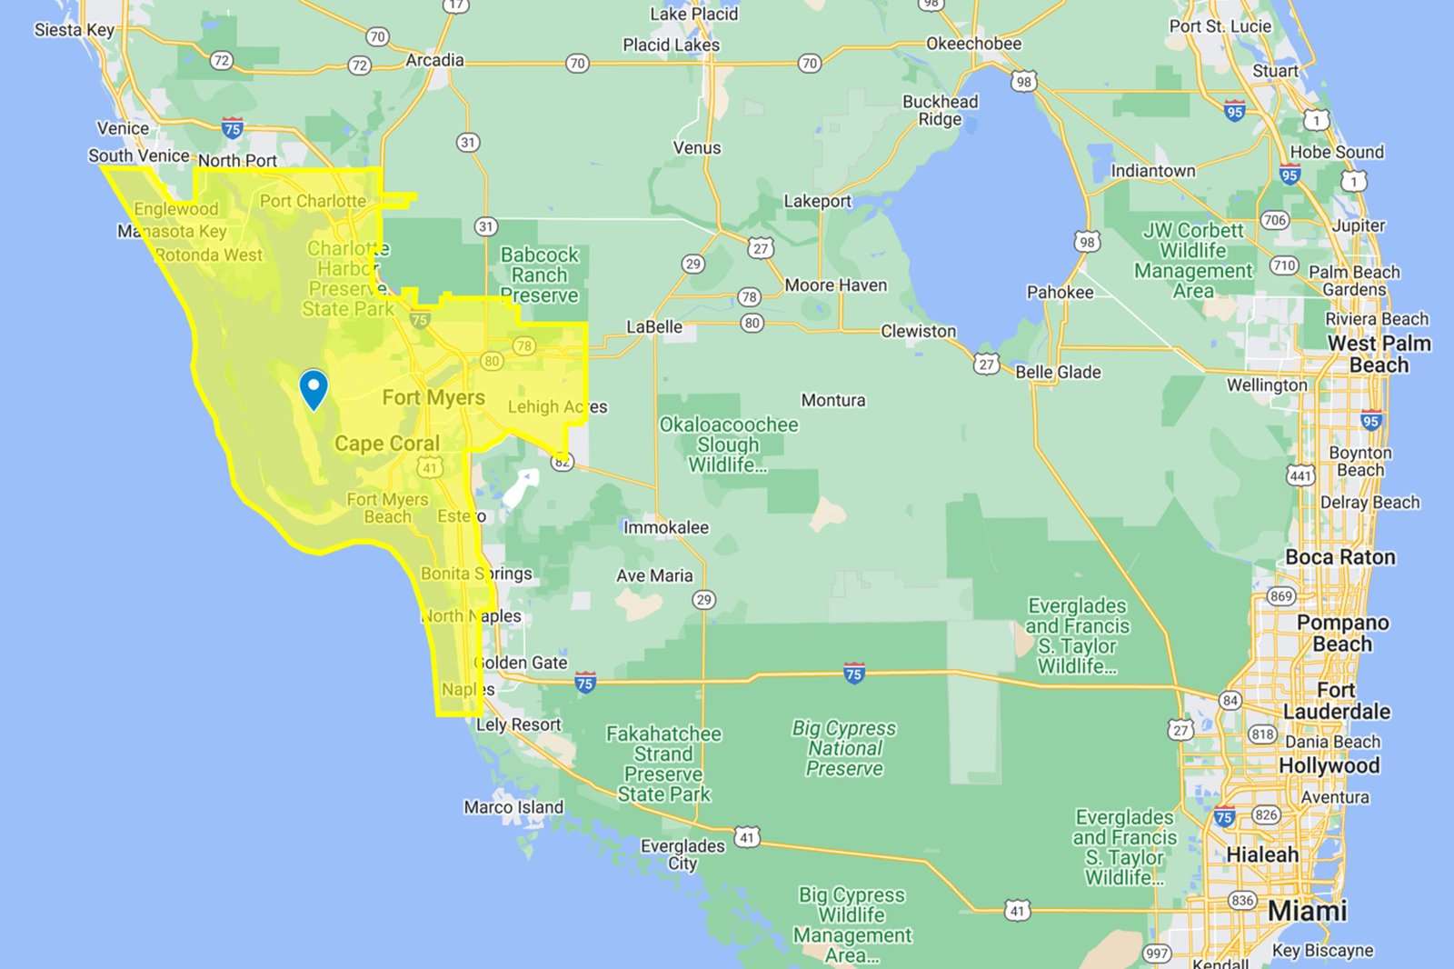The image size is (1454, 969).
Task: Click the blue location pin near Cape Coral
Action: (314, 388)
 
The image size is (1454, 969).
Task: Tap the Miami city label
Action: (1307, 911)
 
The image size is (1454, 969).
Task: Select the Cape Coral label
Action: (387, 444)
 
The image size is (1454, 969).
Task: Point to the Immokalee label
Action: (666, 527)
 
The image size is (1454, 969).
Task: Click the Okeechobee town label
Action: (973, 44)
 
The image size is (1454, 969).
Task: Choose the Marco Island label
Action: (513, 807)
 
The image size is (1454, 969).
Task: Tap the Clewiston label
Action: (918, 331)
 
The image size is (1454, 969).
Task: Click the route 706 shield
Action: (1275, 220)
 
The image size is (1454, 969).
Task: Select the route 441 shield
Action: (1300, 475)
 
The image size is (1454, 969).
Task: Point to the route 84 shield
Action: (1230, 700)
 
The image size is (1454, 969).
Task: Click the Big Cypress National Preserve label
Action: (844, 748)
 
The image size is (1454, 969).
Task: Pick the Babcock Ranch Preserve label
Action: (540, 275)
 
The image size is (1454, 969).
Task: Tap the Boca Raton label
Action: (1340, 557)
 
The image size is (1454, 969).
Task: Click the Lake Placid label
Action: (694, 15)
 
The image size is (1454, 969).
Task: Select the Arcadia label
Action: (434, 60)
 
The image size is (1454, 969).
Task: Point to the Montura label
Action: (833, 400)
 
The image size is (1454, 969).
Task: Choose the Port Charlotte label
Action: (313, 201)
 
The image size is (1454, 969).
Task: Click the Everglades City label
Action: (682, 854)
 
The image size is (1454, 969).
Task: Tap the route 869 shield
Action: (1281, 596)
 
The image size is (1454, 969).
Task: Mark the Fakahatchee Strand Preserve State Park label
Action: (664, 764)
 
